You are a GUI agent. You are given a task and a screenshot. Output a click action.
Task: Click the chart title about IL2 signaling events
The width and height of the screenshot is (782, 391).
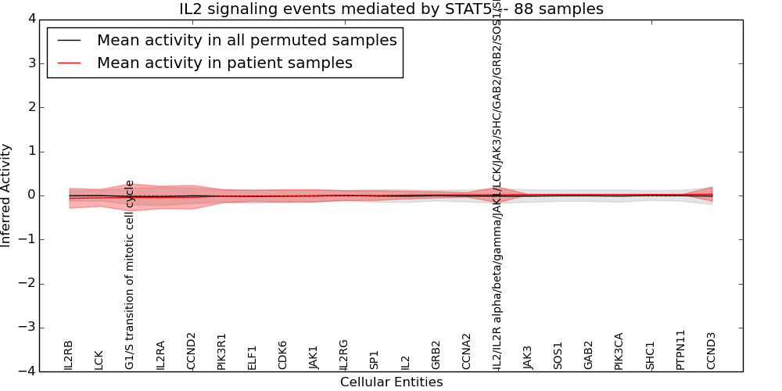pyautogui.click(x=391, y=9)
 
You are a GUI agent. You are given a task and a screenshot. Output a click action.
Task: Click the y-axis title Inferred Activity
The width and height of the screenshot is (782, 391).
pyautogui.click(x=7, y=195)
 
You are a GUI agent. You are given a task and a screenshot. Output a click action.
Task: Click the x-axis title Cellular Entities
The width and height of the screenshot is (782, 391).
pyautogui.click(x=391, y=382)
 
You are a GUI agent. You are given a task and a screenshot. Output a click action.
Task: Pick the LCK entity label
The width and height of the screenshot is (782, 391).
pyautogui.click(x=99, y=359)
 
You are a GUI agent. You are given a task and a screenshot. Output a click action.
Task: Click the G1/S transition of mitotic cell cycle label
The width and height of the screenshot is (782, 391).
pyautogui.click(x=130, y=274)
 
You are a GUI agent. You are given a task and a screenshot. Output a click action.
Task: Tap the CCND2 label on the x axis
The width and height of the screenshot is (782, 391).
pyautogui.click(x=191, y=350)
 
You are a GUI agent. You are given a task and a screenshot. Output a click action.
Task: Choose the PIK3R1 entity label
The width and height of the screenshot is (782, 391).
pyautogui.click(x=222, y=351)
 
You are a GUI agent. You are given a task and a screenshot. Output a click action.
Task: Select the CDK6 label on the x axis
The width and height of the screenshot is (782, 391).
pyautogui.click(x=283, y=355)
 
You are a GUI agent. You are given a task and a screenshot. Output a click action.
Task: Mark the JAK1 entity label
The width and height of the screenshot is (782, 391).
pyautogui.click(x=314, y=357)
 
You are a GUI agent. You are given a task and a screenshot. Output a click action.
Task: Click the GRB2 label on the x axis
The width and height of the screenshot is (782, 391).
pyautogui.click(x=436, y=354)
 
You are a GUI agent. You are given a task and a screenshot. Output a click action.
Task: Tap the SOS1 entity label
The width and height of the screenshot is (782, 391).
pyautogui.click(x=558, y=355)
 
